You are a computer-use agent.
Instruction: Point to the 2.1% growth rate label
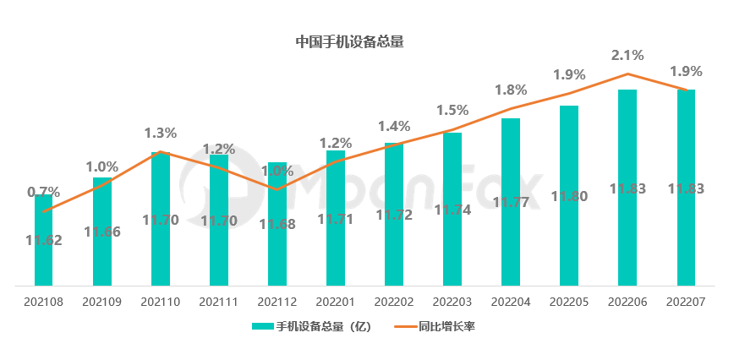[x=627, y=56]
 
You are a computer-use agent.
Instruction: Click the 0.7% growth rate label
[x=44, y=192]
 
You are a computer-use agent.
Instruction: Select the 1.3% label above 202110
[x=161, y=133]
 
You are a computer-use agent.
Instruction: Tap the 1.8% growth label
[x=511, y=90]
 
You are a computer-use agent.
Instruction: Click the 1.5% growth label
[x=452, y=110]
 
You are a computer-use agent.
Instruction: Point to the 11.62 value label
[x=44, y=239]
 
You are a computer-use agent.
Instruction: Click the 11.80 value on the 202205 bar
[x=569, y=196]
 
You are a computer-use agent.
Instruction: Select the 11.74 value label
[x=452, y=209]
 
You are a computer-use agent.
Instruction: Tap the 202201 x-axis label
[x=336, y=301]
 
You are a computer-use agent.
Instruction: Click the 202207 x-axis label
[x=686, y=301]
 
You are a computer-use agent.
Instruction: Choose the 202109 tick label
[x=102, y=301]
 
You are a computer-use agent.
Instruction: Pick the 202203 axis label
[x=452, y=301]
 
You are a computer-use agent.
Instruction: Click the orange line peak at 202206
[x=627, y=74]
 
